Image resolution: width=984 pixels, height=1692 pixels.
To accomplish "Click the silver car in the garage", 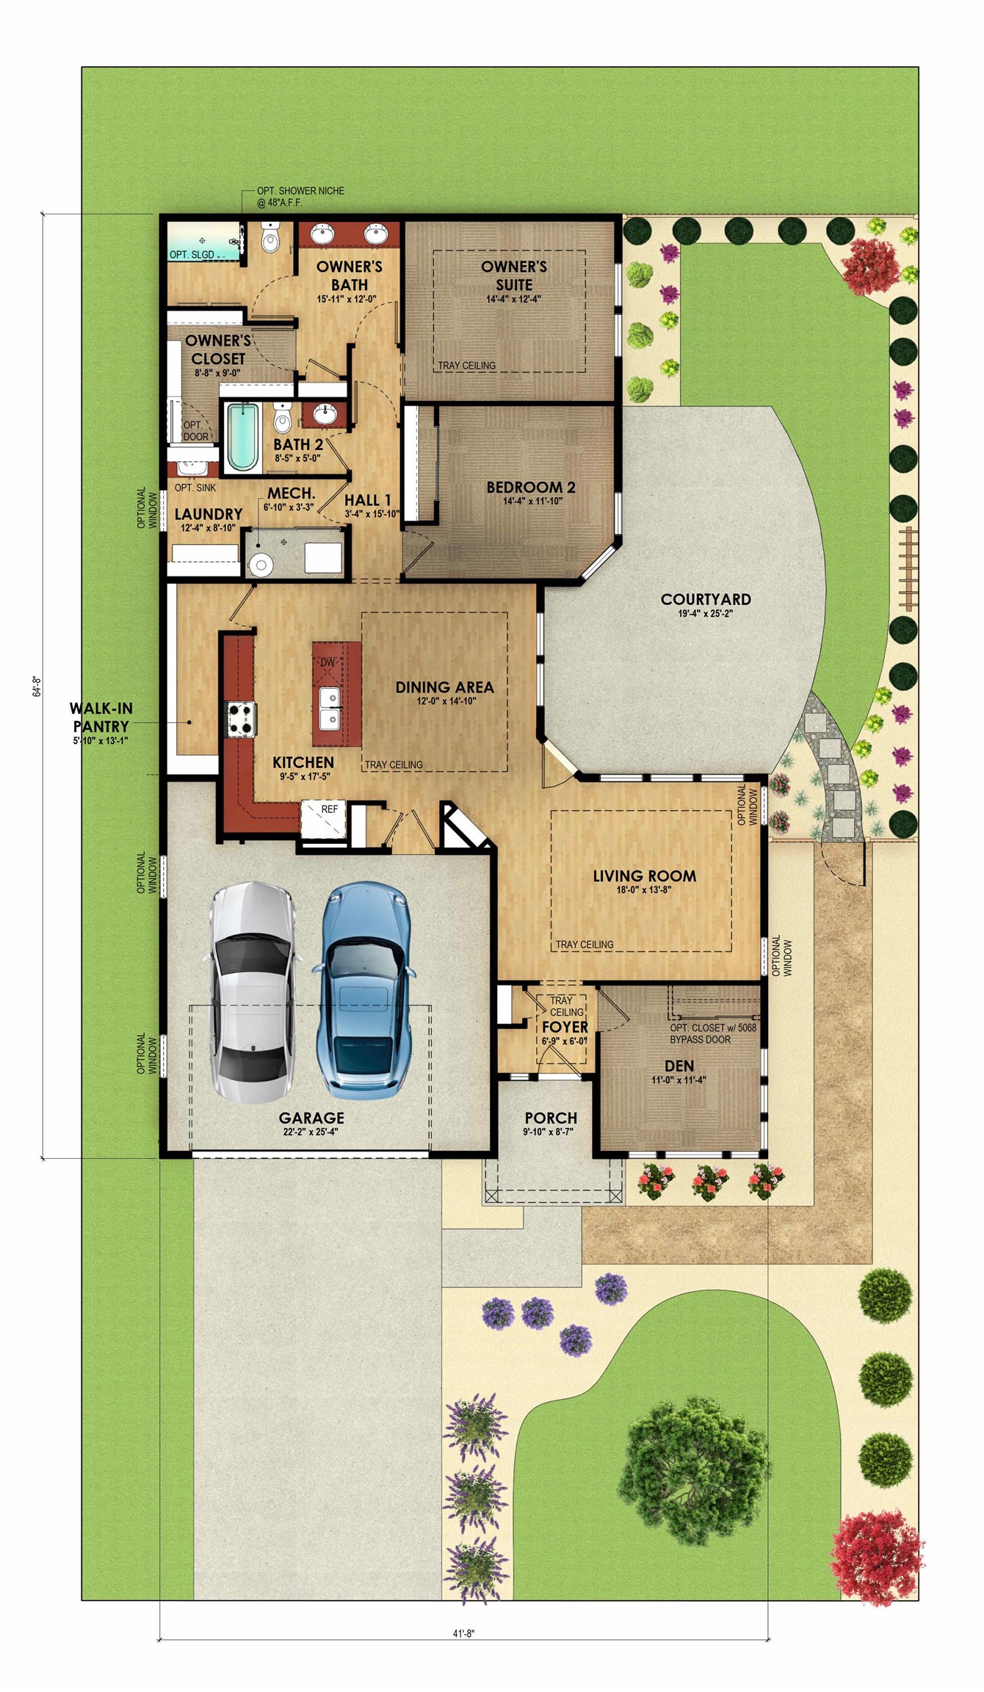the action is click(x=253, y=992).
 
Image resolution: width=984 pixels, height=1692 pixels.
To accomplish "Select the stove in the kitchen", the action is click(x=241, y=719).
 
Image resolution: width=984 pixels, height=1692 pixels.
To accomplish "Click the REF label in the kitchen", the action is click(x=330, y=809).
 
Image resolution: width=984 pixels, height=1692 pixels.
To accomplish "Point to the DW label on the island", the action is click(x=328, y=662).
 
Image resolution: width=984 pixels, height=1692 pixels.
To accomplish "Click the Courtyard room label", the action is click(x=706, y=599).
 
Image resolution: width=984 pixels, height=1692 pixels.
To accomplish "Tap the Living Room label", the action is click(x=645, y=875).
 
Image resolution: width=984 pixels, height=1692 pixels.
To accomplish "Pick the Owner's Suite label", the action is click(x=514, y=275).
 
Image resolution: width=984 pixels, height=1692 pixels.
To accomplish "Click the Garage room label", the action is click(x=311, y=1118).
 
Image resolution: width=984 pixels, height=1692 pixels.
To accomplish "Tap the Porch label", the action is click(x=551, y=1118).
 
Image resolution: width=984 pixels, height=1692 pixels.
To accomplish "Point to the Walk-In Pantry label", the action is click(x=101, y=717).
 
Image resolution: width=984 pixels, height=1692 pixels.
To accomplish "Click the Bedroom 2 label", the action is click(x=530, y=487).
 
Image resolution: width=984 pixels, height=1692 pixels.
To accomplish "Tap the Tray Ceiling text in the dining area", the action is click(x=394, y=764).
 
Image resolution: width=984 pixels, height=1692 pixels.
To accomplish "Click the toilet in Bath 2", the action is click(x=282, y=418).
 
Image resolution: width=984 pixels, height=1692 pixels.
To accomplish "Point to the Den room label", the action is click(x=679, y=1066).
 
